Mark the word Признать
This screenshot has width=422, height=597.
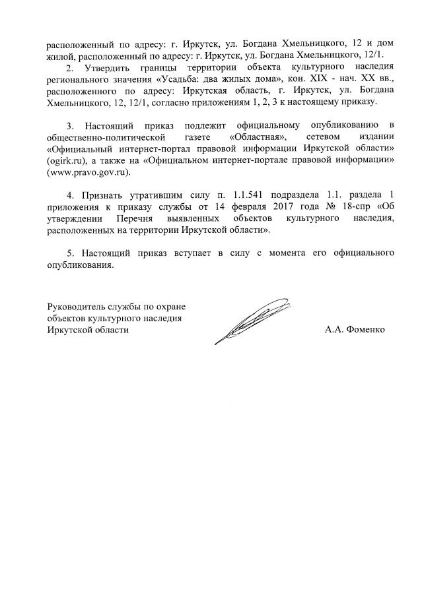(104, 195)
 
